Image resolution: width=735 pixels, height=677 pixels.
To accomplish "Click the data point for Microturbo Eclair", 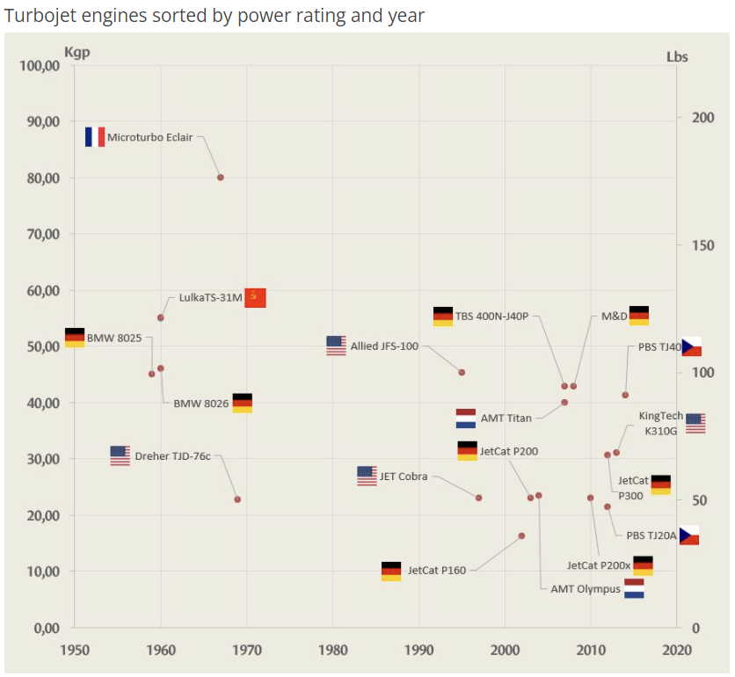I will click(x=220, y=178).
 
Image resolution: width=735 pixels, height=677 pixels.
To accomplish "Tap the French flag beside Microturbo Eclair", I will click(x=95, y=137).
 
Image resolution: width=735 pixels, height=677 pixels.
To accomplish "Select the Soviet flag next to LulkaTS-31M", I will click(x=255, y=297).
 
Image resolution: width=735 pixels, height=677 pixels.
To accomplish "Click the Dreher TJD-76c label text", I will click(x=172, y=456).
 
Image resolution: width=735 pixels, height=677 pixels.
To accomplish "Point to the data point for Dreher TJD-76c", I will click(x=237, y=499).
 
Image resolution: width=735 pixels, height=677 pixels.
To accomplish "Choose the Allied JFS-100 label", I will click(x=384, y=346).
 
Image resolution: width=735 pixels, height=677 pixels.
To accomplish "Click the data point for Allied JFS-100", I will click(x=462, y=373).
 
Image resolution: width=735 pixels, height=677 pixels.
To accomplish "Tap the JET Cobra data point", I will click(x=478, y=498).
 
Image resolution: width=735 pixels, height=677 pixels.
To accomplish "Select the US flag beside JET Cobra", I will click(x=367, y=477).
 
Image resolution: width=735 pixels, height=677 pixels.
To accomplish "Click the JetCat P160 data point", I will click(x=521, y=535).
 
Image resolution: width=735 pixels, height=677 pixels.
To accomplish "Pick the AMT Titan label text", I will click(x=506, y=419).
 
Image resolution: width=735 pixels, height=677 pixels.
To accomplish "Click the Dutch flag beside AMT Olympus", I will click(x=634, y=588).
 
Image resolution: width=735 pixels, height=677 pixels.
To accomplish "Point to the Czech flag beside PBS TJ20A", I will click(x=689, y=535).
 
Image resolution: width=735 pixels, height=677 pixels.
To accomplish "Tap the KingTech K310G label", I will click(x=660, y=424).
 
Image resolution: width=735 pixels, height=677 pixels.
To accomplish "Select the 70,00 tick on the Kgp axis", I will click(x=40, y=235).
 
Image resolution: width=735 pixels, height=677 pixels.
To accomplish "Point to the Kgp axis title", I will click(x=77, y=52).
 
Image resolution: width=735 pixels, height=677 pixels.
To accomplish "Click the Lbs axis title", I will click(x=677, y=57).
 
